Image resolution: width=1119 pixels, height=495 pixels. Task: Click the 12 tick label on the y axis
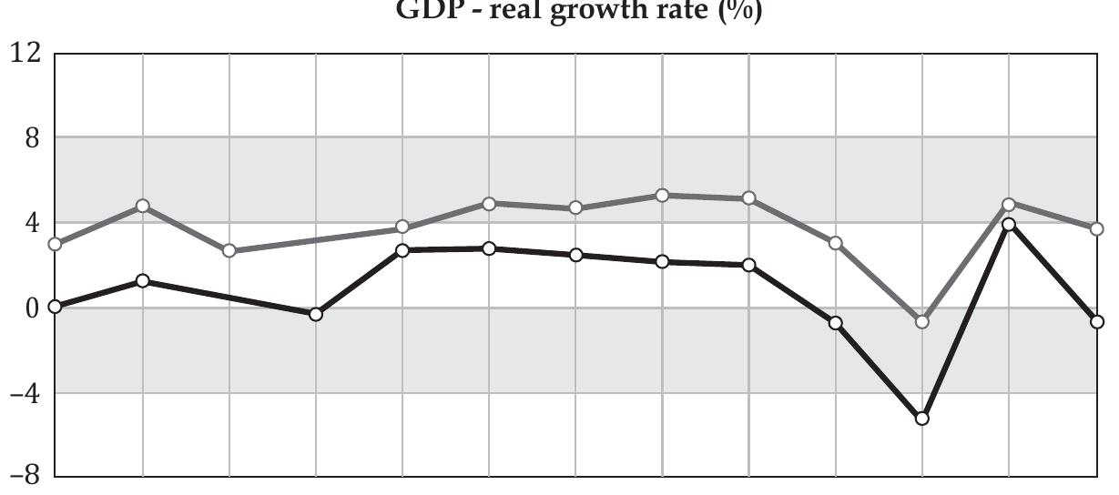click(x=25, y=52)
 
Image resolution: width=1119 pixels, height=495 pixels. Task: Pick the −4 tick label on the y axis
click(x=25, y=393)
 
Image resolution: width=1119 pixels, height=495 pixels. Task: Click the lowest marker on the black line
click(x=922, y=419)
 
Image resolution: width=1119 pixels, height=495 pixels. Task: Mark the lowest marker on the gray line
click(x=922, y=322)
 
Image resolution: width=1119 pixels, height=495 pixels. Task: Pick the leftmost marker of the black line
click(x=56, y=307)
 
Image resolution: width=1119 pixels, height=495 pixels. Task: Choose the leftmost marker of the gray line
click(x=56, y=244)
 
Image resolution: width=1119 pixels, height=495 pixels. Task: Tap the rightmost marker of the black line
click(x=1097, y=322)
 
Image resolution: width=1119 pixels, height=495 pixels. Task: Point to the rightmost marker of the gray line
click(x=1097, y=228)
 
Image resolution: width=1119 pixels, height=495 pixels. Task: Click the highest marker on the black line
click(x=1009, y=224)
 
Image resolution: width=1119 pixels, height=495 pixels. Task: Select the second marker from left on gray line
click(x=143, y=206)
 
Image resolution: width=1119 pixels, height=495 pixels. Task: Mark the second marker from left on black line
click(x=143, y=281)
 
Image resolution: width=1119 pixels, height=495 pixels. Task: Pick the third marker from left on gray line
click(x=229, y=251)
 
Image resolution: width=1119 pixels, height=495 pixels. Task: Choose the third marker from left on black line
click(x=316, y=314)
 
